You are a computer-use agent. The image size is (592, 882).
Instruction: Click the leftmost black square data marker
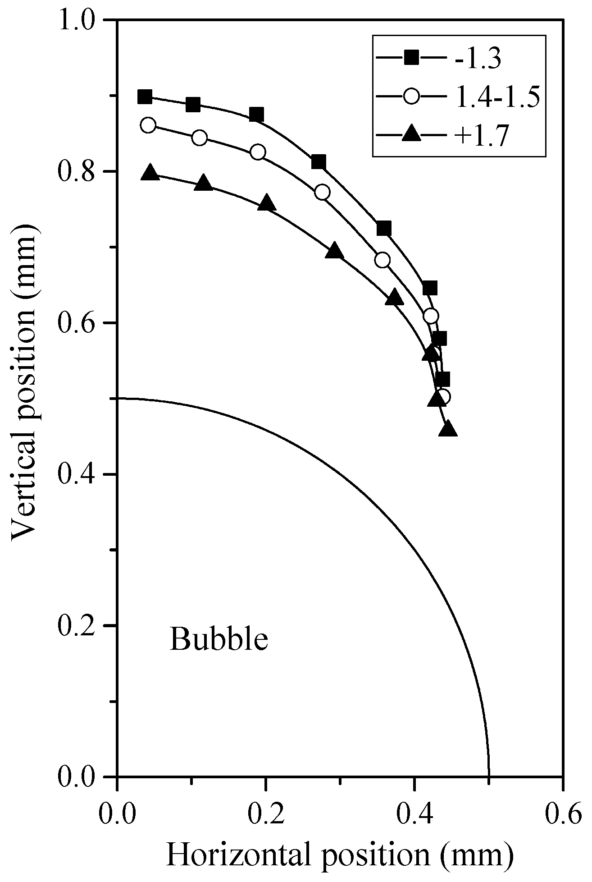(145, 96)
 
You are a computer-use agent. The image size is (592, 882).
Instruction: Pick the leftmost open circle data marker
(148, 125)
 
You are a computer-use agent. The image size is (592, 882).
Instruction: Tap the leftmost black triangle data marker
(150, 173)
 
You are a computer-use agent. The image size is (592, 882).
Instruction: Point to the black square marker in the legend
(410, 59)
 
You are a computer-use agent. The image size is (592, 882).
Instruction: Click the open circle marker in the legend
(410, 97)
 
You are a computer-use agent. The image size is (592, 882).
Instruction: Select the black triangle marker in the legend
(410, 134)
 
